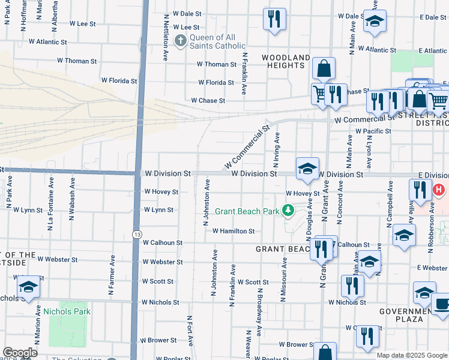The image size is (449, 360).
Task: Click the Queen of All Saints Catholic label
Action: [217, 41]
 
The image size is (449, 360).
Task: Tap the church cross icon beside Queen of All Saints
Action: [179, 41]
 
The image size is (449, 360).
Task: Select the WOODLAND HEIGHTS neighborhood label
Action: [286, 61]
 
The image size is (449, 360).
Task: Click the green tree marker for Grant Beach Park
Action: [289, 211]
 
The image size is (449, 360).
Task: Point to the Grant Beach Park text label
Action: [247, 211]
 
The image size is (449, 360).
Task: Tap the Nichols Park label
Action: [66, 311]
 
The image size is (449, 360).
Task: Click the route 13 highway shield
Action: [137, 232]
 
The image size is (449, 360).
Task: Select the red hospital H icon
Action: [439, 190]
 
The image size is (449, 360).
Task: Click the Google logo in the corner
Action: [19, 353]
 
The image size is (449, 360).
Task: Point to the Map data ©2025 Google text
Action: [411, 355]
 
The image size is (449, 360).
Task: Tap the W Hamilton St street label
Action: [232, 231]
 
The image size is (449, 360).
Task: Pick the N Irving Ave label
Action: [277, 150]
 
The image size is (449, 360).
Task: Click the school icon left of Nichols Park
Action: [28, 287]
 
